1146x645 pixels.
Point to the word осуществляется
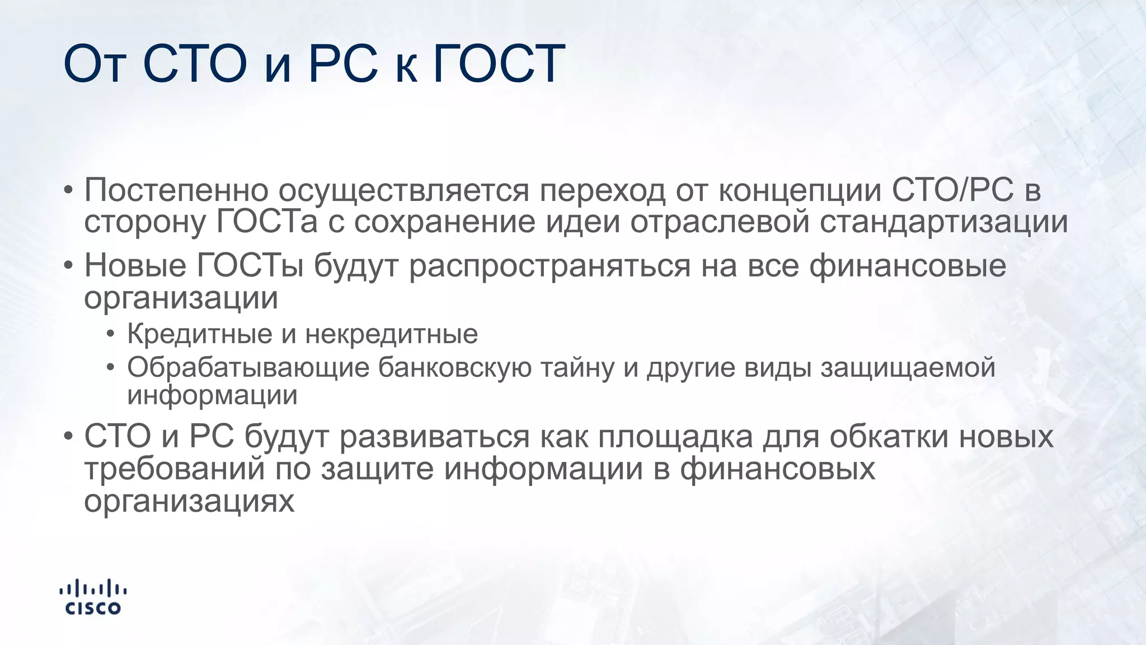point(403,190)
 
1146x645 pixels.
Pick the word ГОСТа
point(266,222)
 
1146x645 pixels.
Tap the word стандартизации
point(944,222)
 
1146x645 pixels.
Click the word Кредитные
point(200,334)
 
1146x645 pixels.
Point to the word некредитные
point(392,334)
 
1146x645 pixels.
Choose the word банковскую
point(454,368)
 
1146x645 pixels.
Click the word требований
point(175,469)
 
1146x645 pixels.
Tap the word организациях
point(189,501)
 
